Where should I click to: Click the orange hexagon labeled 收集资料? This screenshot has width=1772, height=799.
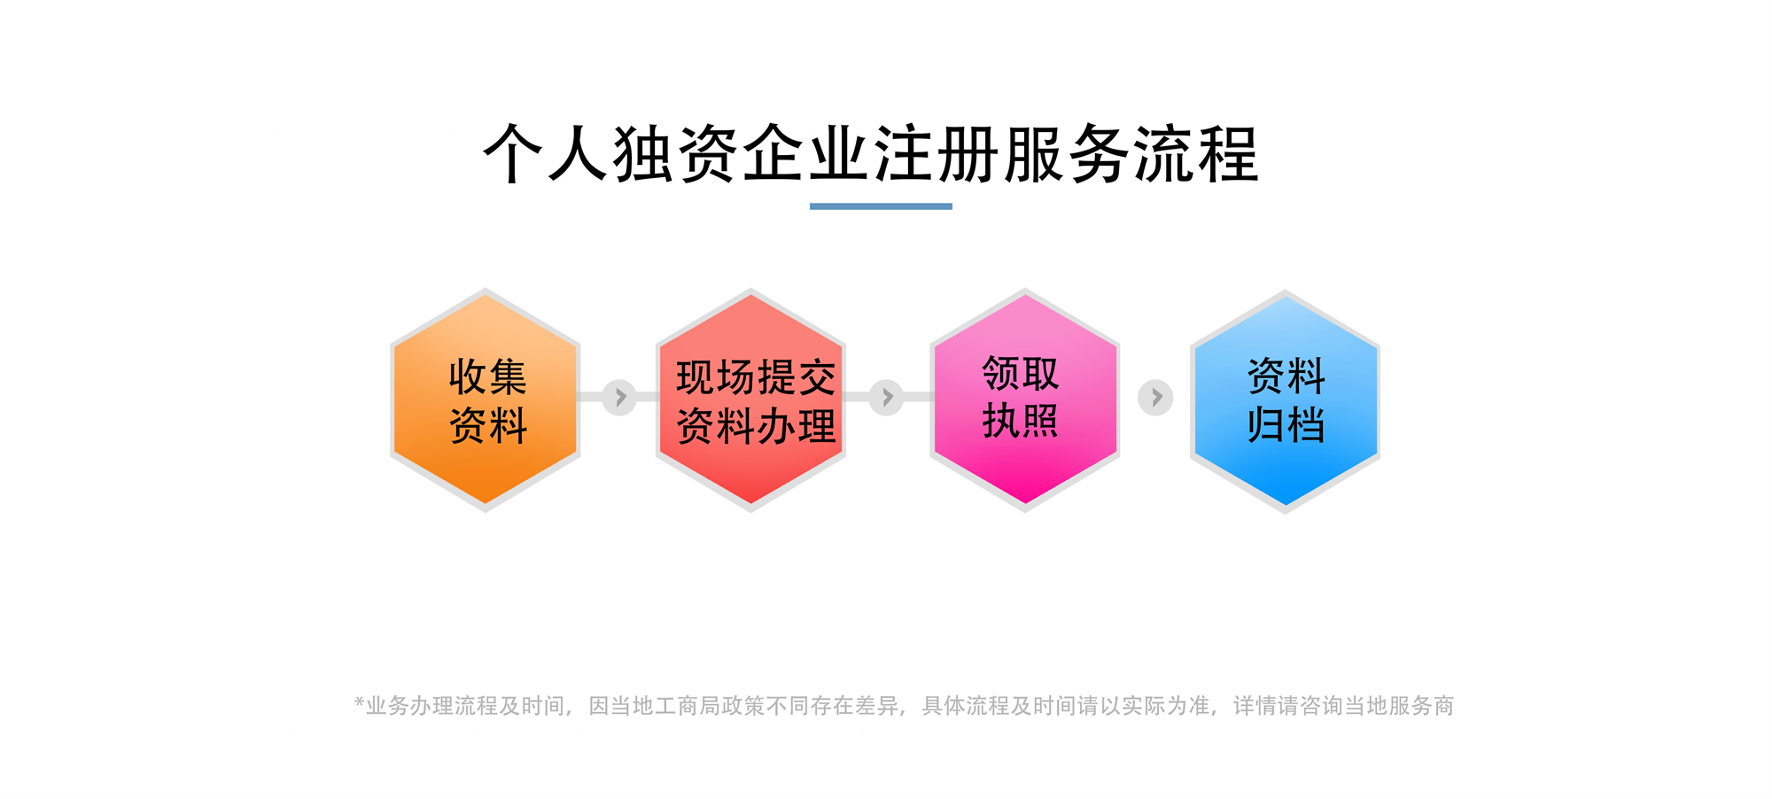pos(486,399)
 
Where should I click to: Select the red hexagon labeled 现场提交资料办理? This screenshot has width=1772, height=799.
pos(750,399)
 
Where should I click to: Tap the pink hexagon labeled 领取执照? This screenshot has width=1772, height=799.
pos(1025,399)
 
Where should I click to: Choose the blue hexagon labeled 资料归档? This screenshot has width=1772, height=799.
pos(1285,401)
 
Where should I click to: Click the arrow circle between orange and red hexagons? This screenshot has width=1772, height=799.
pos(620,397)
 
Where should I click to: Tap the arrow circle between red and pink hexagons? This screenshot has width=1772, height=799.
pos(886,397)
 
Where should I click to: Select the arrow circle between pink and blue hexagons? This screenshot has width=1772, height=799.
pos(1155,398)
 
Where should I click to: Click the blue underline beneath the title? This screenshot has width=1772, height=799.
pos(881,206)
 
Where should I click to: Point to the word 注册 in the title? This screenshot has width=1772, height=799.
pos(936,154)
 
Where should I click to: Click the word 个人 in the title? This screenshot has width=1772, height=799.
pos(546,154)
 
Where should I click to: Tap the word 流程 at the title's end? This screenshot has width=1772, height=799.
pos(1196,154)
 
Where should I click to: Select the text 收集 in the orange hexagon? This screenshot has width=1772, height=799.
pos(487,377)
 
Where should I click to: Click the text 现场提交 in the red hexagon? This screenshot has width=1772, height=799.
pos(756,378)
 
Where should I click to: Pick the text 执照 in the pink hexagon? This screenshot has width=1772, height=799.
pos(1021,421)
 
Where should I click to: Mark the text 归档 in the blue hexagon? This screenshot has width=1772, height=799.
pos(1286,424)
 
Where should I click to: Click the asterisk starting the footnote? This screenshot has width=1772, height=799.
pos(360,702)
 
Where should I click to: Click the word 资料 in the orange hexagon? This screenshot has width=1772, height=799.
pos(488,425)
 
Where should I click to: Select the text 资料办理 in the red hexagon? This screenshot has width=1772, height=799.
pos(756,426)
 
